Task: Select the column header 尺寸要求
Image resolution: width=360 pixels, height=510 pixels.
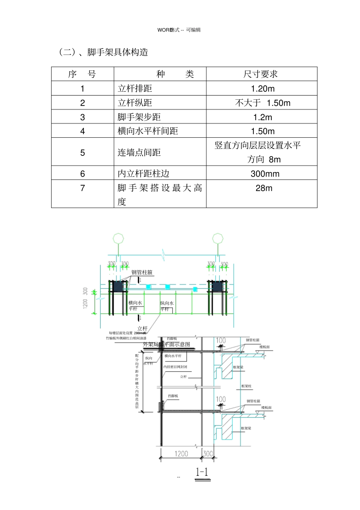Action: click(261, 74)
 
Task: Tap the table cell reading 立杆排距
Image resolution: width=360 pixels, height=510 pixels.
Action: click(135, 89)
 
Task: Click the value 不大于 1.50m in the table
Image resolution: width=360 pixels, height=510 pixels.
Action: click(263, 103)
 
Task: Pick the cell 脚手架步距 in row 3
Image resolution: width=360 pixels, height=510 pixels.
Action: click(139, 117)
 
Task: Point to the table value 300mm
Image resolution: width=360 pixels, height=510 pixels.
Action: click(265, 174)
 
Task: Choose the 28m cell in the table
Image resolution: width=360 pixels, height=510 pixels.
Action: click(264, 188)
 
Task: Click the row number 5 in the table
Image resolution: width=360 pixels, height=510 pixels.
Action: click(83, 153)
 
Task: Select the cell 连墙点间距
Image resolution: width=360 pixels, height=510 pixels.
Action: click(139, 153)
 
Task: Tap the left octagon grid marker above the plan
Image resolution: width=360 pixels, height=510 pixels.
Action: click(118, 239)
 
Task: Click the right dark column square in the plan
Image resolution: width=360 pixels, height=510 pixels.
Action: click(218, 286)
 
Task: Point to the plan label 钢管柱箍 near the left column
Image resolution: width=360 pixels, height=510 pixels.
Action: click(142, 272)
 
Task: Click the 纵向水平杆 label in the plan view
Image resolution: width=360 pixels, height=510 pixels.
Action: click(166, 306)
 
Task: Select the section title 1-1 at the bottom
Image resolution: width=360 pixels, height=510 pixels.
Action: click(202, 472)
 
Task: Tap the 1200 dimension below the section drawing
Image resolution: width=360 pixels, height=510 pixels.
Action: click(181, 454)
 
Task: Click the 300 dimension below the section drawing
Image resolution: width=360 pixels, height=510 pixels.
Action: click(208, 454)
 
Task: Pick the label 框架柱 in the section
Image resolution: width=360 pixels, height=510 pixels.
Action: click(246, 386)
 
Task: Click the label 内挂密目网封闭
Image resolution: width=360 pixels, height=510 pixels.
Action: click(175, 367)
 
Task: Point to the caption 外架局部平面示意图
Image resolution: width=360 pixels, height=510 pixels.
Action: click(167, 344)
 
